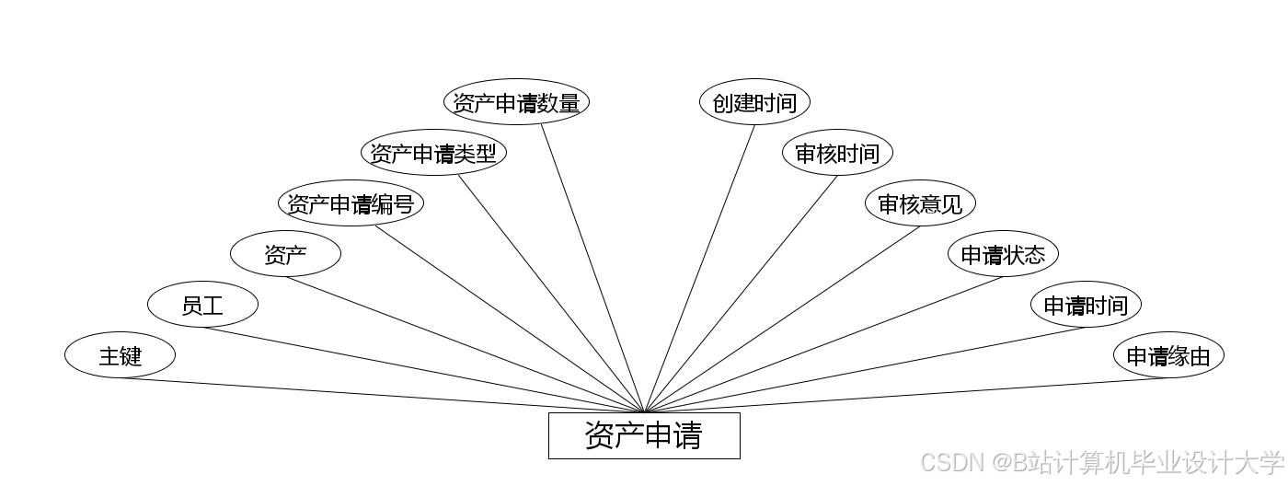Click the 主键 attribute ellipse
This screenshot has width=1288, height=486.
coord(120,355)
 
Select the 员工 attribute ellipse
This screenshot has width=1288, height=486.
coord(202,305)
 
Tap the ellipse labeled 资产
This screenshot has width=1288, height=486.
coord(285,254)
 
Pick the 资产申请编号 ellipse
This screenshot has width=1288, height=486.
coord(351,203)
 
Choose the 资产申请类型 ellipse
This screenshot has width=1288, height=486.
coord(433,153)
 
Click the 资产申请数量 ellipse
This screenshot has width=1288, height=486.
coord(516,102)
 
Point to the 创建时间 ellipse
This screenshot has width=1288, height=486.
coord(754,102)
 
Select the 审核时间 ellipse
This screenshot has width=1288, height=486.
coord(837,153)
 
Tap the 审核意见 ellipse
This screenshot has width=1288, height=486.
coord(920,203)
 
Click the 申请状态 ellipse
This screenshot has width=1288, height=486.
coord(1003,254)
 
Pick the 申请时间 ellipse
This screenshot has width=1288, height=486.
coord(1086,305)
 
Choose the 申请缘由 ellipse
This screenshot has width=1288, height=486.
coord(1168,355)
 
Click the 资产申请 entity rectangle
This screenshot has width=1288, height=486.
coord(644,435)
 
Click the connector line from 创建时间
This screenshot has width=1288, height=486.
coord(699,269)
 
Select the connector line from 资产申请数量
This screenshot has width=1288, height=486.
coord(592,269)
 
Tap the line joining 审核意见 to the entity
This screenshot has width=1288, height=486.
coord(782,319)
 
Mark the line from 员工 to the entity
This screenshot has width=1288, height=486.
coord(423,370)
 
